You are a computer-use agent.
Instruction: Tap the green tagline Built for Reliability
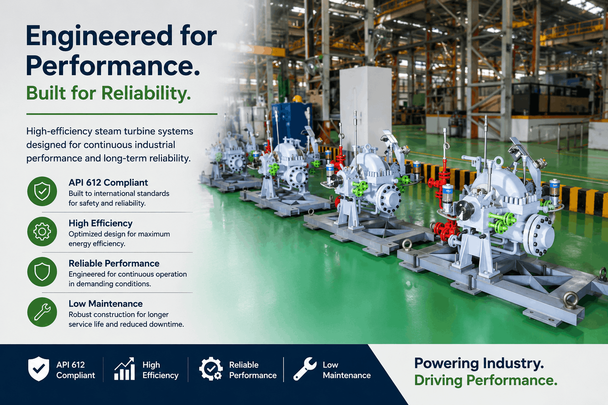click(x=108, y=93)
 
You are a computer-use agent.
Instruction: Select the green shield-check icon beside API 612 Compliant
click(x=42, y=191)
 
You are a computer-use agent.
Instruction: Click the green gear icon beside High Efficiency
click(x=42, y=231)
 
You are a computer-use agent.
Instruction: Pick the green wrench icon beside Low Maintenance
click(x=42, y=312)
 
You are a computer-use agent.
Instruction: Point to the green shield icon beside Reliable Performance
click(x=42, y=272)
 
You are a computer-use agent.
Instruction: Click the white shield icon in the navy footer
click(x=39, y=369)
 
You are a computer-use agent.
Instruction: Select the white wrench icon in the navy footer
click(x=305, y=369)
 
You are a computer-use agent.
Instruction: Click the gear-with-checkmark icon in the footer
click(x=211, y=369)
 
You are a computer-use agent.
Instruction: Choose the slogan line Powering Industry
click(x=479, y=363)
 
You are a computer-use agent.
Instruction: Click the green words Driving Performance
click(x=486, y=380)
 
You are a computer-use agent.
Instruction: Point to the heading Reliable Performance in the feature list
click(x=114, y=263)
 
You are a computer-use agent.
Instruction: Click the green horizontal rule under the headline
click(x=122, y=114)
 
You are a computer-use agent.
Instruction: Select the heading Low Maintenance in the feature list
click(x=106, y=303)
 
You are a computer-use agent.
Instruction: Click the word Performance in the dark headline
click(x=113, y=66)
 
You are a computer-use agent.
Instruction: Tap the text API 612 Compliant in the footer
click(x=76, y=370)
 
